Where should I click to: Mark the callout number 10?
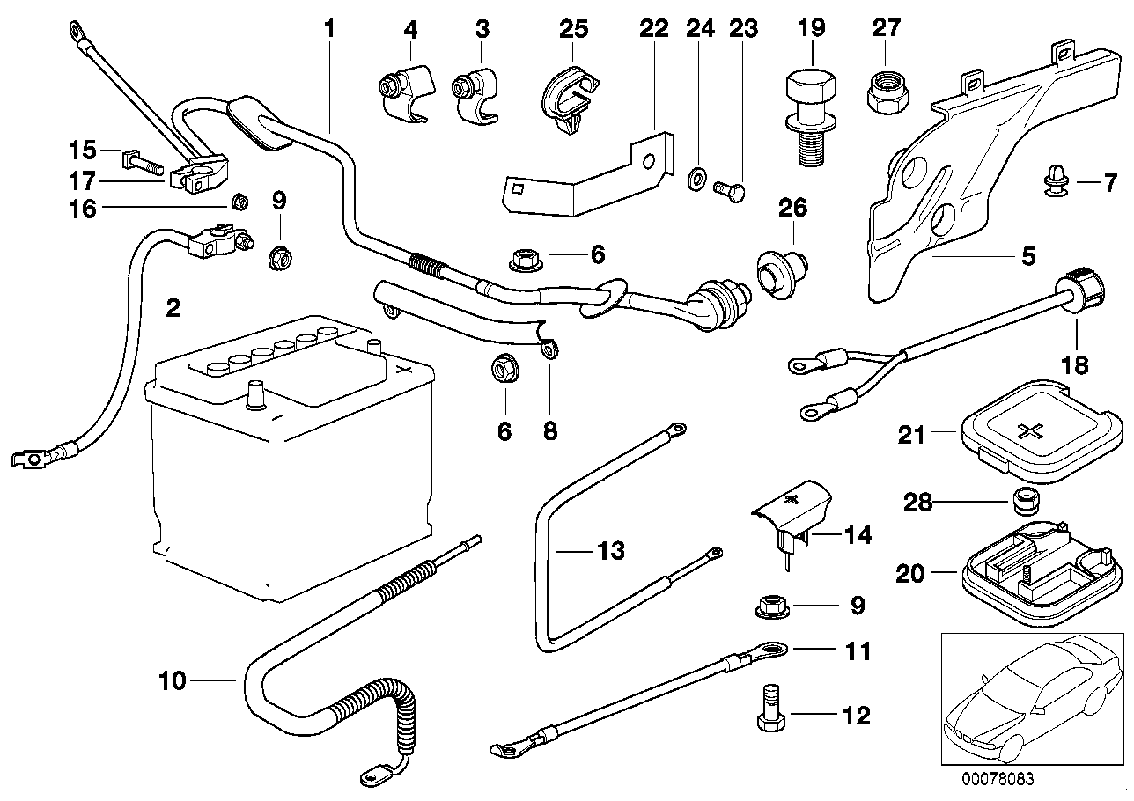173,680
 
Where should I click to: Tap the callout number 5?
1028,258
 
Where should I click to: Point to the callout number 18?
1077,364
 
